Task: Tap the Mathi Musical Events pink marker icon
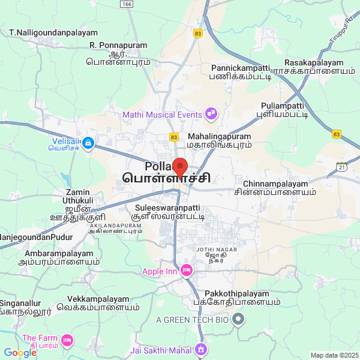pos(211,113)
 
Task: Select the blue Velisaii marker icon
pos(88,143)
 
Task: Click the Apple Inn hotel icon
pos(186,271)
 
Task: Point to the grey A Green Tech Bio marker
pos(239,319)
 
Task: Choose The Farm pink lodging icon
pos(67,341)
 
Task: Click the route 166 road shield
pos(126,4)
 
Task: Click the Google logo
pos(20,353)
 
